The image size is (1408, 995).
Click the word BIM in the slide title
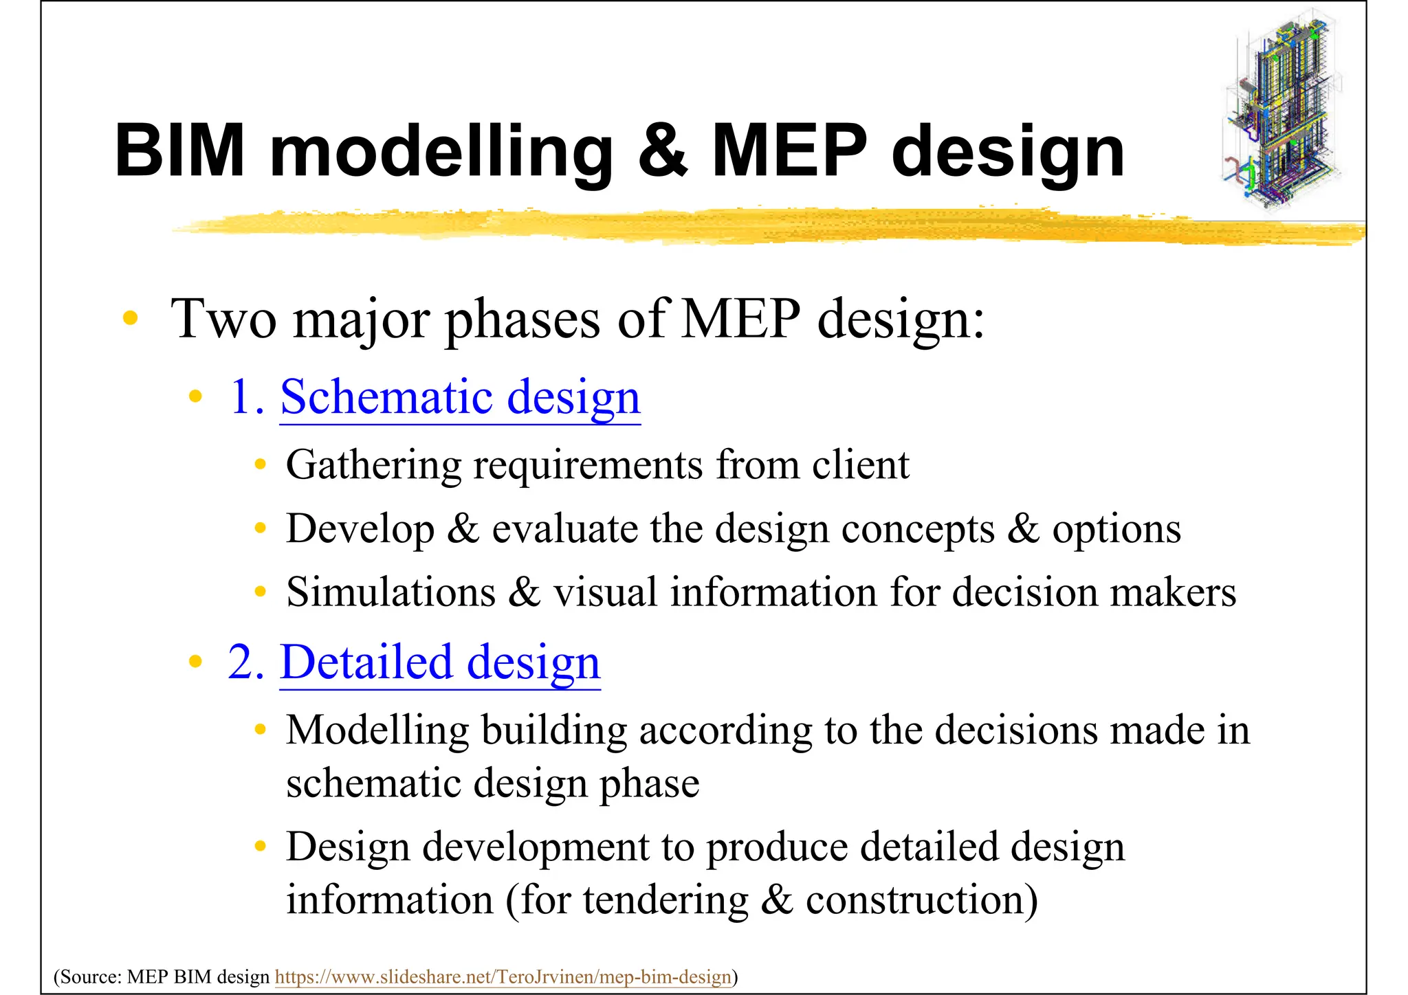coord(180,150)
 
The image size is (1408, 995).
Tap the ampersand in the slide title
coord(661,150)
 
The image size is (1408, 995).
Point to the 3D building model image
coord(1283,110)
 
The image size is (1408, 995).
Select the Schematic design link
coord(460,397)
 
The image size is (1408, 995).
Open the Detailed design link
coord(440,662)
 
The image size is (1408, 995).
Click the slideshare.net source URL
coord(503,976)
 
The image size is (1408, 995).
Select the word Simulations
coord(390,592)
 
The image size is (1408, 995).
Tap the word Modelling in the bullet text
coord(377,730)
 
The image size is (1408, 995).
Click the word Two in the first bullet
coord(223,319)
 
